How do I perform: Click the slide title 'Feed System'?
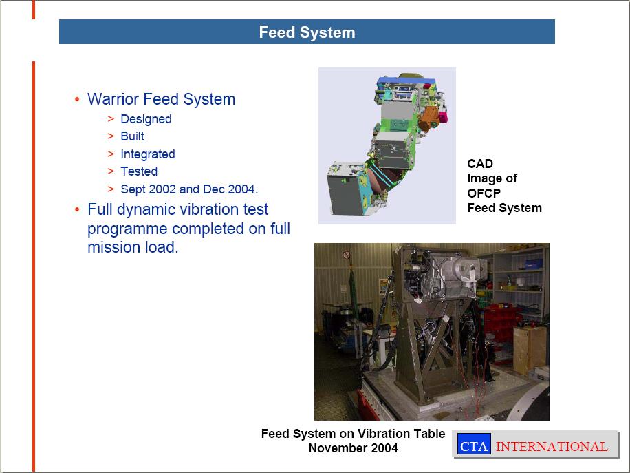tap(307, 32)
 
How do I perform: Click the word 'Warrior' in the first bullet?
tap(113, 99)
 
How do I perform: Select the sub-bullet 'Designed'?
tap(146, 119)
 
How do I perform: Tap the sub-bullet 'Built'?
tap(132, 136)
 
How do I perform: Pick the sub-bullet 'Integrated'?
tap(147, 154)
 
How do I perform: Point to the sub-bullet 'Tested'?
tap(139, 171)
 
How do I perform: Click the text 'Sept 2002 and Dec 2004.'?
tap(189, 189)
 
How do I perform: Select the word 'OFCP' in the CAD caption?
tap(484, 193)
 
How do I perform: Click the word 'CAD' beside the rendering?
tap(480, 164)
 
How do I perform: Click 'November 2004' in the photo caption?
tap(353, 448)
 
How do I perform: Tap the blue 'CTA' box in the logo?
tap(474, 443)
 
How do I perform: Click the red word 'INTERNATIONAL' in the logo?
tap(552, 446)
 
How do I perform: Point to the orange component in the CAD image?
tap(428, 118)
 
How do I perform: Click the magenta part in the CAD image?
tap(442, 117)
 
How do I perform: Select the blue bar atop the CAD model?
tap(406, 81)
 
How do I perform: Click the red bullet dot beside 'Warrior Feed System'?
tap(77, 99)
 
